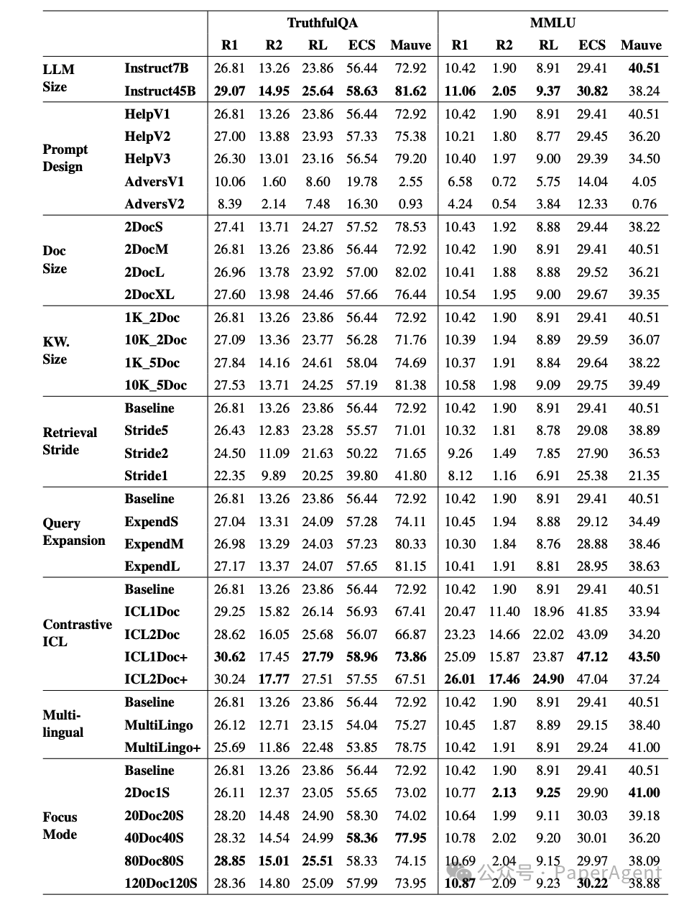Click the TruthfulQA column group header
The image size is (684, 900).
click(x=322, y=23)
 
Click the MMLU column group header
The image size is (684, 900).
click(x=552, y=23)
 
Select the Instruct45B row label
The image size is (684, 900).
click(x=160, y=91)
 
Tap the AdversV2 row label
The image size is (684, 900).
click(x=154, y=204)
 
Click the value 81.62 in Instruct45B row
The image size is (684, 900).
click(x=410, y=91)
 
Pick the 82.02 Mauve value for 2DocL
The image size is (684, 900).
click(x=410, y=272)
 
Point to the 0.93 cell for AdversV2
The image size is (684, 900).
click(x=410, y=204)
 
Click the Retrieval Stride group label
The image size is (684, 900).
click(x=69, y=441)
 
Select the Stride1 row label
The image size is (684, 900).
click(x=146, y=476)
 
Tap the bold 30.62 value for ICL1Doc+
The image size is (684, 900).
click(x=229, y=657)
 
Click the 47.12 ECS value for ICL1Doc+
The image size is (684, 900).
click(x=592, y=657)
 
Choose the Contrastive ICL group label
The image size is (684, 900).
click(x=76, y=633)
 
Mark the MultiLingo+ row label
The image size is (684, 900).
click(x=162, y=748)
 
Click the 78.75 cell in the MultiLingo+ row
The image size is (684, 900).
click(x=410, y=748)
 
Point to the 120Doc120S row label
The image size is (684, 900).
click(x=160, y=883)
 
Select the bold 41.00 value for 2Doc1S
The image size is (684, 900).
click(x=643, y=793)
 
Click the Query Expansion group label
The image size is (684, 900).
click(x=73, y=532)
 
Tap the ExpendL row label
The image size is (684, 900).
click(x=152, y=566)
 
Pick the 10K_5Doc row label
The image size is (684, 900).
click(x=155, y=385)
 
